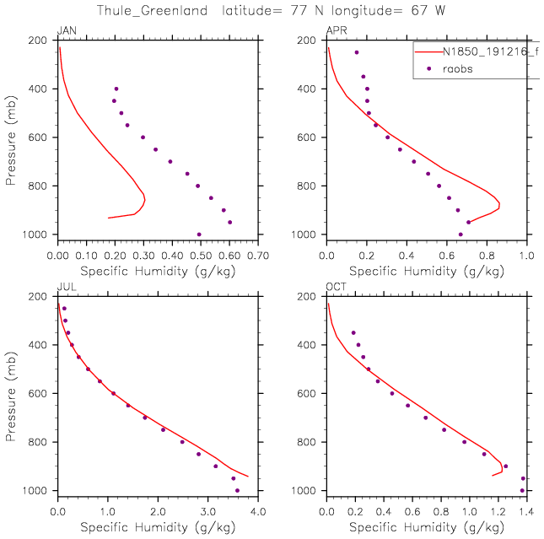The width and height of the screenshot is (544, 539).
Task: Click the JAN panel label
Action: click(65, 31)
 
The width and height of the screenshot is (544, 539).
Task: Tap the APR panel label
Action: click(336, 31)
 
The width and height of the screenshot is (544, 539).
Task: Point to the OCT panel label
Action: click(336, 288)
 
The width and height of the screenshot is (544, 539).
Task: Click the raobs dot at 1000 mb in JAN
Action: click(199, 234)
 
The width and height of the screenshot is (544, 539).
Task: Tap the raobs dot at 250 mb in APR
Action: click(357, 52)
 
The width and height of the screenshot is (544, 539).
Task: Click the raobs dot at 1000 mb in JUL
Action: click(237, 490)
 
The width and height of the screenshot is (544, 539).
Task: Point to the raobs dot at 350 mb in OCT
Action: click(353, 332)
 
